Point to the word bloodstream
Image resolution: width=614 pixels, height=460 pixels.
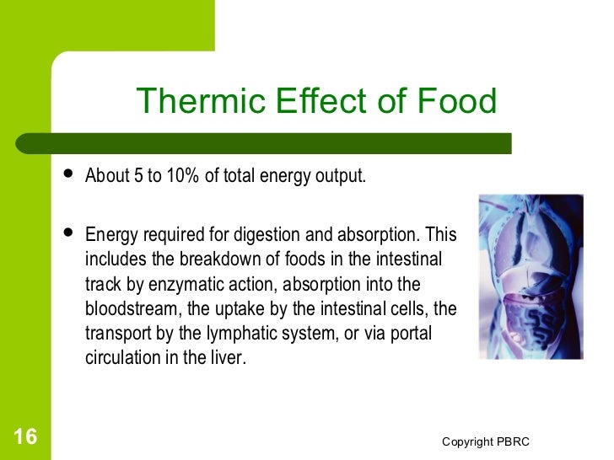[x=127, y=309]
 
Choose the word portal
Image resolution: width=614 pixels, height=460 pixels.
[x=410, y=334]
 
